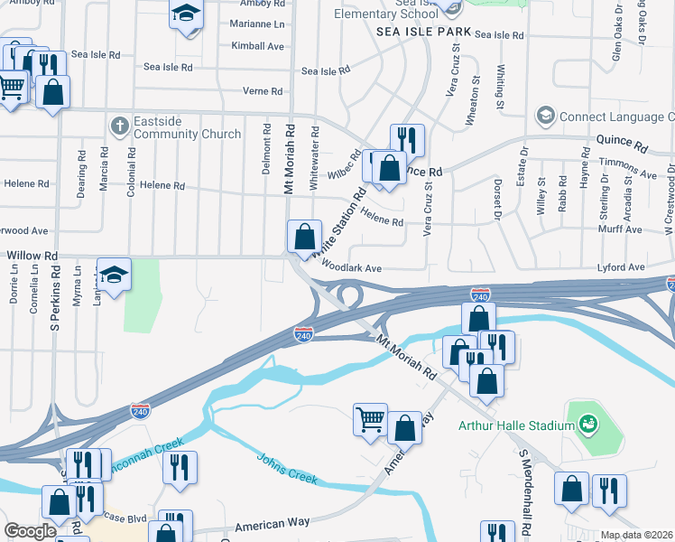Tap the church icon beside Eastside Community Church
tap(118, 126)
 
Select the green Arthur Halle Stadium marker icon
tap(588, 423)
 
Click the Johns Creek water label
tap(287, 469)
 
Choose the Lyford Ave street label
tap(623, 267)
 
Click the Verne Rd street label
tap(263, 91)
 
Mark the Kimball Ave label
tap(257, 45)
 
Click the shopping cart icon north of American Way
tap(370, 419)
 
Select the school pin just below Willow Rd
tap(115, 275)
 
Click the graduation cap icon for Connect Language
tap(545, 116)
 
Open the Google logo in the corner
tap(30, 531)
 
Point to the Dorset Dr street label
tap(496, 204)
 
